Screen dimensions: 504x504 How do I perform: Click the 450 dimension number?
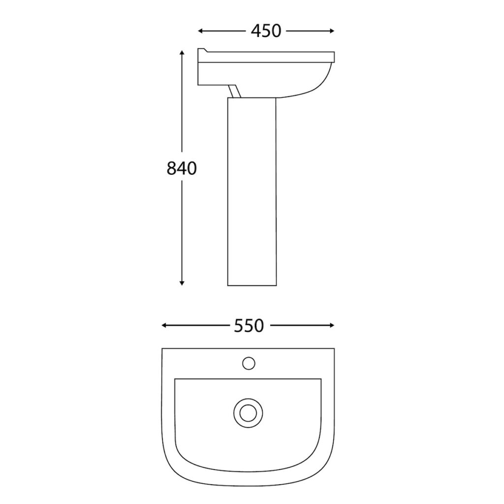tap(266, 31)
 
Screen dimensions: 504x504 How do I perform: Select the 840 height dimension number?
tap(182, 169)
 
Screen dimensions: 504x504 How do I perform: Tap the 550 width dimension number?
tap(250, 325)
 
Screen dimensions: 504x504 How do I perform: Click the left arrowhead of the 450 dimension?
tap(200, 31)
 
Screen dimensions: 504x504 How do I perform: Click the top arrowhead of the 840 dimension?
tap(182, 53)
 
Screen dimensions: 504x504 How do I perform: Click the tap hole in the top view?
tap(249, 363)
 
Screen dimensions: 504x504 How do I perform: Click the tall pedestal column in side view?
tap(252, 192)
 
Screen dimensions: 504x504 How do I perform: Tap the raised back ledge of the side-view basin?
tap(203, 52)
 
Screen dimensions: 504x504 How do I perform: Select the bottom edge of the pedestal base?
tap(252, 285)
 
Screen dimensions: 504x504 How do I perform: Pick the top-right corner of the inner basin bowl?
tap(321, 379)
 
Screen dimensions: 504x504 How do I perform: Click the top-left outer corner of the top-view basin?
tap(163, 349)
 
